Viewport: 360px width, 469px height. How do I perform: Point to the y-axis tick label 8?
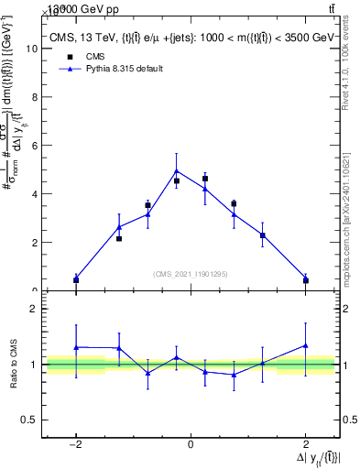(x=36, y=98)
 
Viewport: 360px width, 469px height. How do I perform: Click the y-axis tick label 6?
(x=36, y=147)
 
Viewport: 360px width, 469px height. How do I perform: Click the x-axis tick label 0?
(x=191, y=445)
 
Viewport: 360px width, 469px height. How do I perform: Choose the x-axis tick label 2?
(x=305, y=445)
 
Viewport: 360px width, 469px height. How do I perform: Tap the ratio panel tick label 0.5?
(x=30, y=420)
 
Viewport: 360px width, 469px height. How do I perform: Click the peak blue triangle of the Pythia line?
(x=177, y=170)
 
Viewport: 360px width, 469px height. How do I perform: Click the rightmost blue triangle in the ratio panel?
(x=305, y=345)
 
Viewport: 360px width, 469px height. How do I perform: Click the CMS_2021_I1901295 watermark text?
(x=191, y=274)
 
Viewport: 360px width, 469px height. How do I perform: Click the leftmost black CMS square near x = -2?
(x=76, y=279)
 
